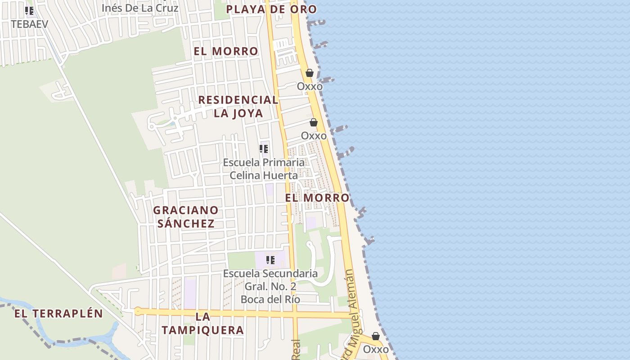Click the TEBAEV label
pos(29,24)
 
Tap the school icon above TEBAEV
pos(29,11)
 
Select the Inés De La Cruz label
pos(140,8)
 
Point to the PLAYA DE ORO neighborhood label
pos(271,9)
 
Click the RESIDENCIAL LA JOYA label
pos(238,106)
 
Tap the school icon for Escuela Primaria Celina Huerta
pos(264,149)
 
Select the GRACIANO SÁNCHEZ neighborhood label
pos(186,216)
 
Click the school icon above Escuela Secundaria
pos(270,260)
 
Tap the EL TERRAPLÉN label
pos(58,314)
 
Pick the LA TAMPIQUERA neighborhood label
pos(202,324)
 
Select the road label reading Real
pos(296,349)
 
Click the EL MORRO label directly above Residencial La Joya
pos(226,51)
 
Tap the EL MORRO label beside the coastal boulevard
pos(317,198)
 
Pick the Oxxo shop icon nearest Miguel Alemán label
pos(376,337)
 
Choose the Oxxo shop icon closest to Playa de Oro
pos(310,73)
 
